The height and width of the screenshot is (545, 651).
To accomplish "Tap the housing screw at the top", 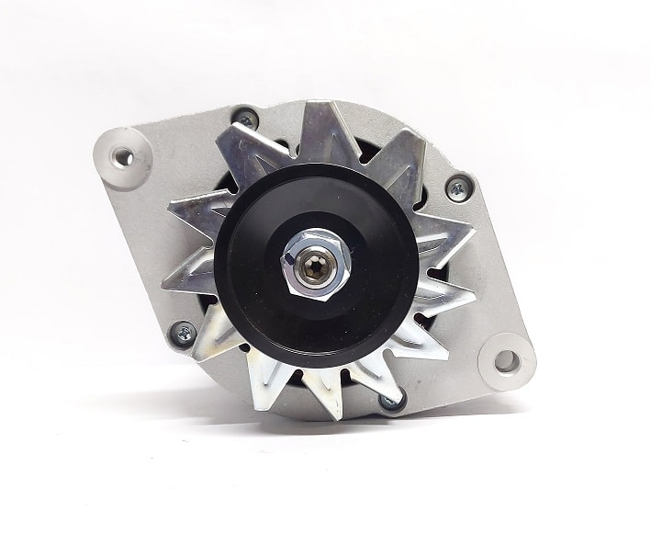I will coord(245,119).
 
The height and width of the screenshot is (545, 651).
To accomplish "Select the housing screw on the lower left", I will coord(183,333).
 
